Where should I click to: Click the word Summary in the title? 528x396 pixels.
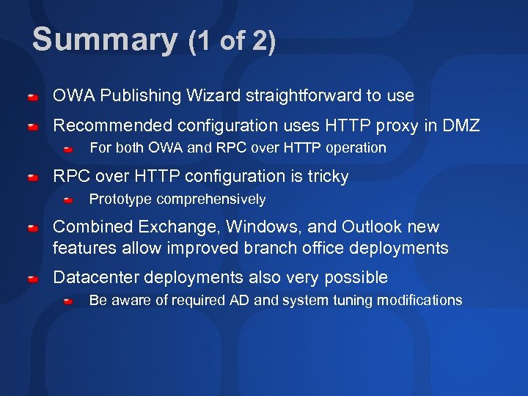pyautogui.click(x=104, y=40)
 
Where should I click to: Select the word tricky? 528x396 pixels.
pyautogui.click(x=328, y=176)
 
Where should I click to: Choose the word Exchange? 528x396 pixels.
pyautogui.click(x=168, y=227)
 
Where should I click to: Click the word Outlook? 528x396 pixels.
pyautogui.click(x=372, y=227)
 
